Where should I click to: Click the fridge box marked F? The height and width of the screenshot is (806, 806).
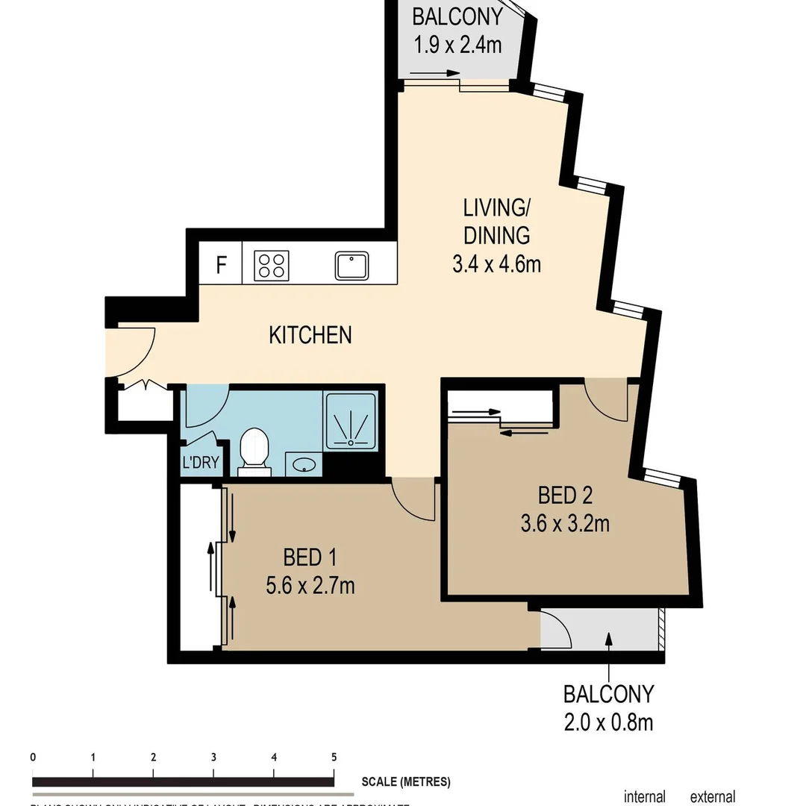click(221, 265)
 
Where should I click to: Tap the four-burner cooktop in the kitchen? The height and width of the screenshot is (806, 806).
click(272, 265)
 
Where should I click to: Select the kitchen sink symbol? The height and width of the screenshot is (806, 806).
click(352, 265)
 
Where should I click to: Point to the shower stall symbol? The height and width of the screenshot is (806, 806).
click(350, 422)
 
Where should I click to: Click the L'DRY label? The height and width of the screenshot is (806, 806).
click(201, 462)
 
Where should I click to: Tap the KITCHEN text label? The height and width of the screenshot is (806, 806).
click(310, 334)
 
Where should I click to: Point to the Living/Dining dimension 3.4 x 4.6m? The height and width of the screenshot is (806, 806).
click(496, 264)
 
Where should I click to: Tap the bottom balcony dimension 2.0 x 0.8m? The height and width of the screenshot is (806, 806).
click(608, 722)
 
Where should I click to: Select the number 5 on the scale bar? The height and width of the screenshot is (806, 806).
click(334, 757)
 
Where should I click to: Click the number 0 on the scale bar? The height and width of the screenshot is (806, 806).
click(33, 757)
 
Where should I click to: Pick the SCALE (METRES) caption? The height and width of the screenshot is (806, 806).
click(406, 782)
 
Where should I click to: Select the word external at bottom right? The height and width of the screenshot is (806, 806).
click(712, 797)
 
